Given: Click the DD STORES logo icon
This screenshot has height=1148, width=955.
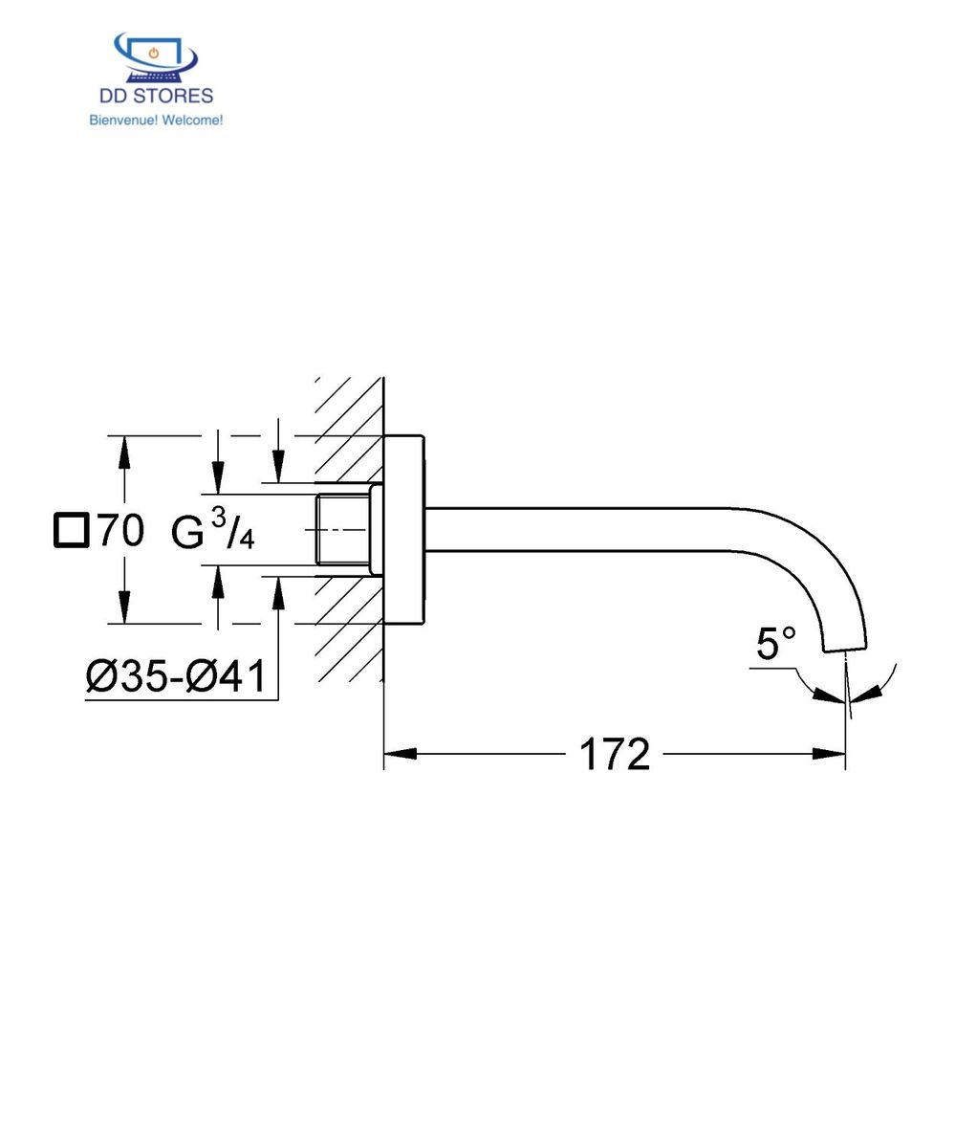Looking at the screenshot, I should pos(154,57).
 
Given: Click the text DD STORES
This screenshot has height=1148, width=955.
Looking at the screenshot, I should pos(156,96).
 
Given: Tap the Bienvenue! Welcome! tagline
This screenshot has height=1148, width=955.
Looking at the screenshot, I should pos(156,121).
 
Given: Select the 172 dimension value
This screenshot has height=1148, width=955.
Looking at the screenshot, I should pos(614,755).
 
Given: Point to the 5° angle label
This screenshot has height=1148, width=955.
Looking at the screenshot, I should pos(775,644).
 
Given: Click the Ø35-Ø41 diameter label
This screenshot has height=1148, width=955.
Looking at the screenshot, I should pos(176,676).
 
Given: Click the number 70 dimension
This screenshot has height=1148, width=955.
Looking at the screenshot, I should pos(120,530).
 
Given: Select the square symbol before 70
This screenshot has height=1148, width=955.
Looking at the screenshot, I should pos(71,530).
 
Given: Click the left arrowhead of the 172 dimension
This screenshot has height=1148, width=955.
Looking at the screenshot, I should pos(400,754).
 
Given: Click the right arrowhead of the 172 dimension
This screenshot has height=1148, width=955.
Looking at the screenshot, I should pos(829,754).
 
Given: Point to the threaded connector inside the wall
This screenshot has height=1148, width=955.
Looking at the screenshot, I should pos(342,529).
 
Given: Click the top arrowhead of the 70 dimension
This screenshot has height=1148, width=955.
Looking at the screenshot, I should pos(123,454).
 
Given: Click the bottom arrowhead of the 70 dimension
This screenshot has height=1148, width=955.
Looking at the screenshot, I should pos(123,606).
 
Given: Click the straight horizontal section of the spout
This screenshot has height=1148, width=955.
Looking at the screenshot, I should pos(574,529).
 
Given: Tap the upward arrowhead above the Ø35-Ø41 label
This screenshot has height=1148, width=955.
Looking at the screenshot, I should pos(278,593).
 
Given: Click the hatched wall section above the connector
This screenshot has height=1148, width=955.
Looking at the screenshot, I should pos(349,430).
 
